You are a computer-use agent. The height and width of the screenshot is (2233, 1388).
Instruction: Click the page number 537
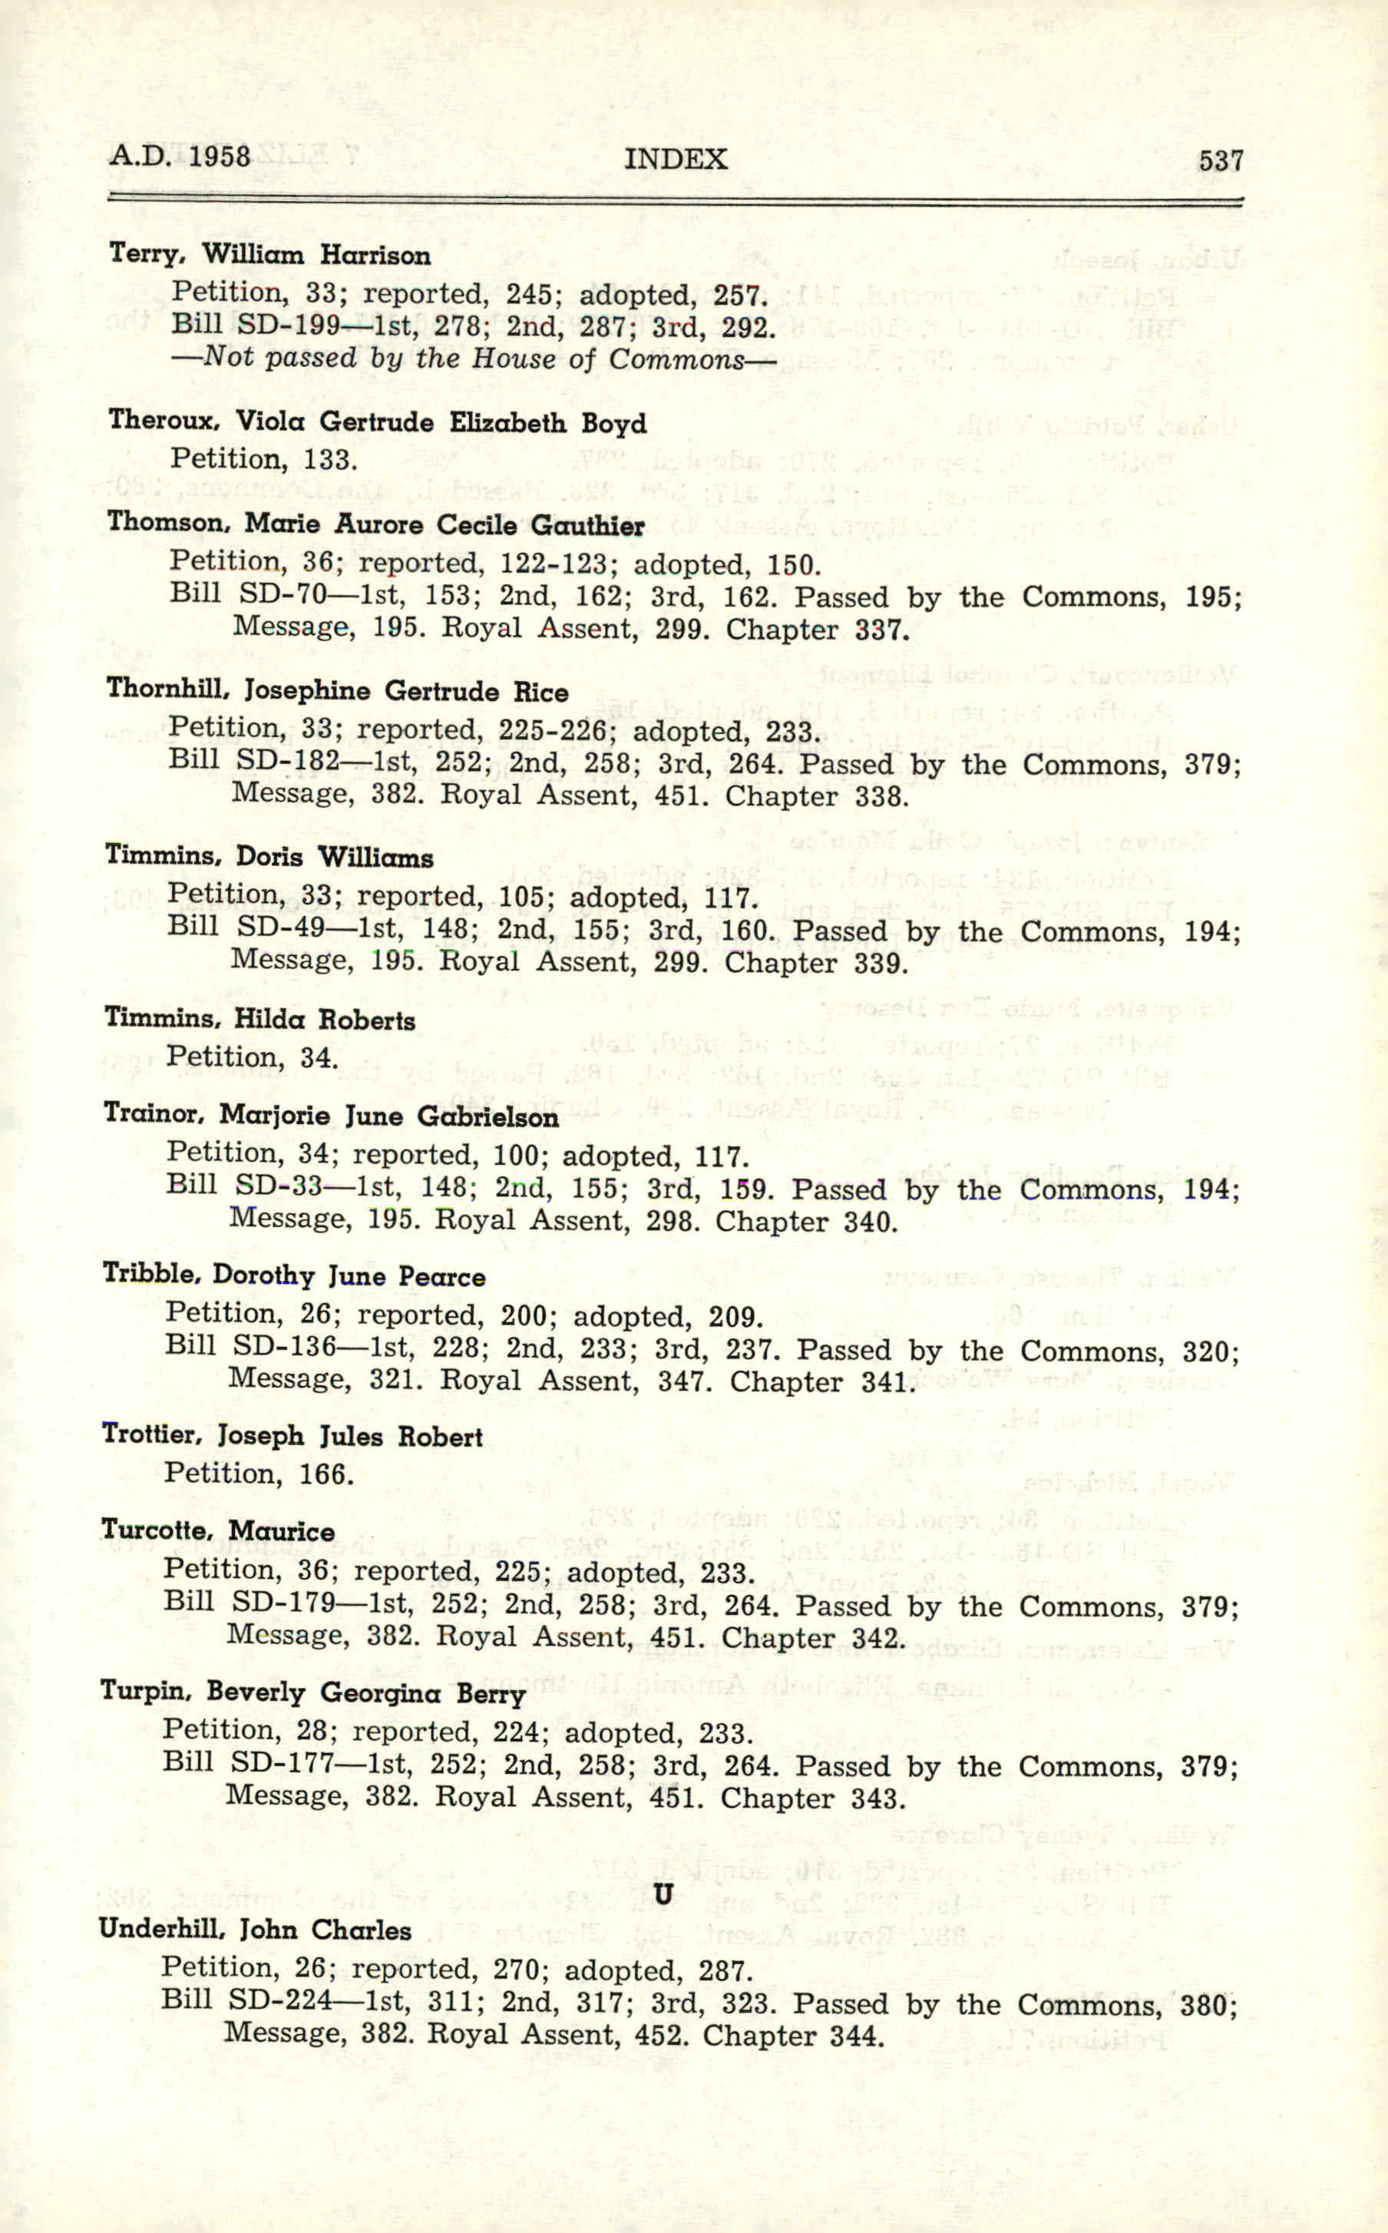[1220, 160]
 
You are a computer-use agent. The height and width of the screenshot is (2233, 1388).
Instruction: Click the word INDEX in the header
[676, 159]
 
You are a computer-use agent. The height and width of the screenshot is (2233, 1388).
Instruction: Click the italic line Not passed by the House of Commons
[474, 357]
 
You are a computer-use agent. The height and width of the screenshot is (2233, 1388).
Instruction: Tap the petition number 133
[329, 458]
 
